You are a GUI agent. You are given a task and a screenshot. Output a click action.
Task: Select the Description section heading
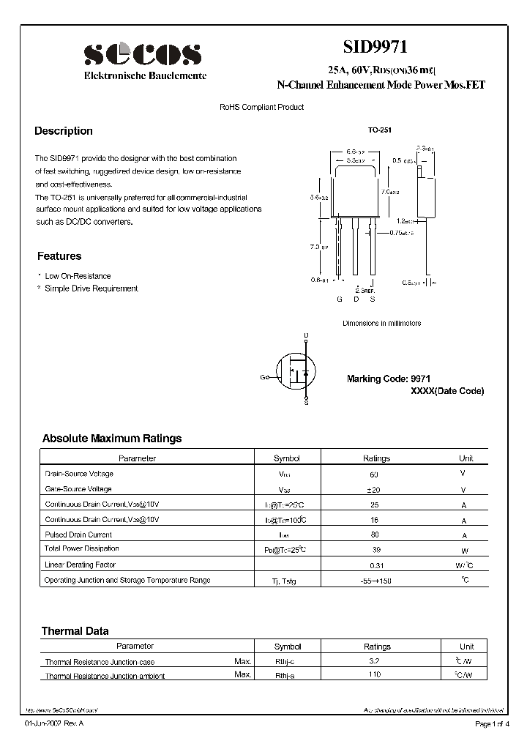click(x=64, y=131)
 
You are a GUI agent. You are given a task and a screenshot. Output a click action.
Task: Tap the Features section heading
click(x=59, y=256)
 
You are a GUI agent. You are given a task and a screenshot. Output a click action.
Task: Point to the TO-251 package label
click(x=380, y=130)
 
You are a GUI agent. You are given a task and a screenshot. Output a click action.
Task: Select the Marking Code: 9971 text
click(x=388, y=379)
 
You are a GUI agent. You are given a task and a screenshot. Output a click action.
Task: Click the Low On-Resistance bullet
click(x=78, y=276)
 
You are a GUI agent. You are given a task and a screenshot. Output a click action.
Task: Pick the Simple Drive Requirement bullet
click(x=91, y=288)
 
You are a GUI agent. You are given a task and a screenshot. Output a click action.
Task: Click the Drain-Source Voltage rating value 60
click(x=375, y=474)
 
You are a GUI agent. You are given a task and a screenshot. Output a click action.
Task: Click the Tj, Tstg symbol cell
click(x=286, y=581)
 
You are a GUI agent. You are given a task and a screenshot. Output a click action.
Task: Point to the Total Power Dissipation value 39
click(x=375, y=549)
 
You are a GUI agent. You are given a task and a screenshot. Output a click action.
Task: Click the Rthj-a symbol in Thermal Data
click(x=287, y=675)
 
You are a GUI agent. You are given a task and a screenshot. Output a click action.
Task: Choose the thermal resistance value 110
click(x=375, y=674)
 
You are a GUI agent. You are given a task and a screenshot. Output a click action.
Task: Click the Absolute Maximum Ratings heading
click(x=112, y=439)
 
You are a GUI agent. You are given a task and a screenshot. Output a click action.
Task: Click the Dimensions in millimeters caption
click(x=381, y=323)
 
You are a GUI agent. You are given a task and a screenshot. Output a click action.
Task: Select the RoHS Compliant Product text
click(x=261, y=107)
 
